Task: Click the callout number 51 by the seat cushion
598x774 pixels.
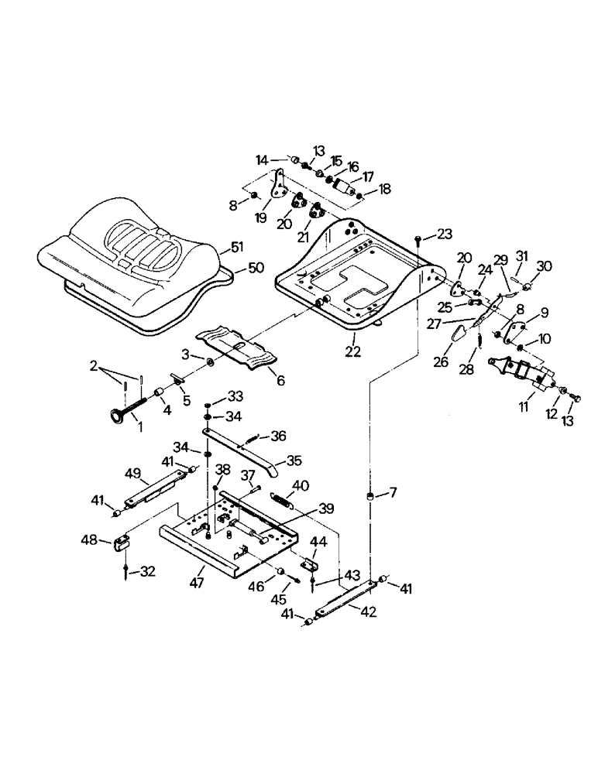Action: tap(236, 248)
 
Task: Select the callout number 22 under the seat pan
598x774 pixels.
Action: tap(353, 351)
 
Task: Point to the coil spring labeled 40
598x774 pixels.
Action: tap(280, 499)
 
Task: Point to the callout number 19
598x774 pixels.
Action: tap(261, 218)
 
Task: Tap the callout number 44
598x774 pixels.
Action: tap(318, 542)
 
